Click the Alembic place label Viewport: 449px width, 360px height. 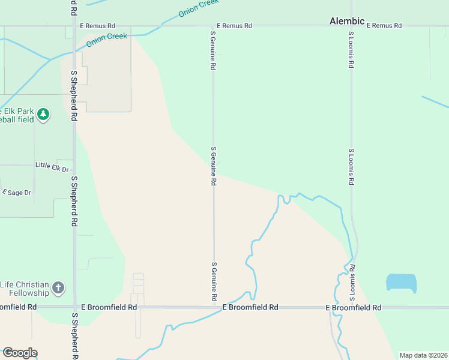click(347, 21)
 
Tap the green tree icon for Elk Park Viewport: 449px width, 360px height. click(43, 114)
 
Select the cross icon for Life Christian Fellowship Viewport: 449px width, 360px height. click(58, 288)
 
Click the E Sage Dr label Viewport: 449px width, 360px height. click(17, 192)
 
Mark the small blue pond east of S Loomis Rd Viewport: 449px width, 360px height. click(401, 282)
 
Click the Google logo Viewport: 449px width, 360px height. click(19, 353)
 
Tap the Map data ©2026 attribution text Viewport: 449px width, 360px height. click(423, 355)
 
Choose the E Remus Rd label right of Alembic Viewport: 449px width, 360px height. click(384, 26)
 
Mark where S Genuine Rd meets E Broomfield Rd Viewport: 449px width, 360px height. click(214, 307)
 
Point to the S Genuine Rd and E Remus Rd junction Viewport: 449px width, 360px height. click(213, 26)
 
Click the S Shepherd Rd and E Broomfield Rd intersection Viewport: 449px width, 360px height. click(74, 307)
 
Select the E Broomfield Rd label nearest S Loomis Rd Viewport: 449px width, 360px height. click(353, 307)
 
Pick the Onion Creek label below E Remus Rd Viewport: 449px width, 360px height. click(107, 40)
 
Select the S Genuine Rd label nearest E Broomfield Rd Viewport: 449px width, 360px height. click(214, 281)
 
